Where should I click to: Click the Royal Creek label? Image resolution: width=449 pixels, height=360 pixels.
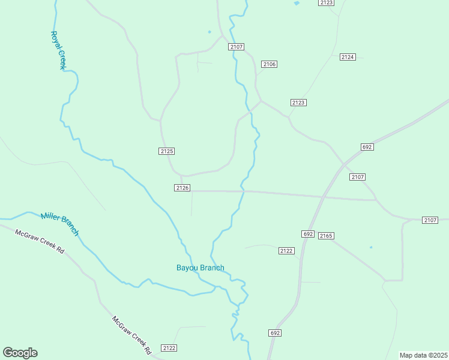tap(58, 51)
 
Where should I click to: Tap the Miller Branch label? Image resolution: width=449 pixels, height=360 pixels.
tap(59, 224)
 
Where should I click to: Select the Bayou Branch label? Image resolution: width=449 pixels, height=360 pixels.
tap(200, 268)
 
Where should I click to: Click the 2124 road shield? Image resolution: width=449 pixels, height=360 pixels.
tap(348, 57)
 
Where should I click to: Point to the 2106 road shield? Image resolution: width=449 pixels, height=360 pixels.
tap(269, 64)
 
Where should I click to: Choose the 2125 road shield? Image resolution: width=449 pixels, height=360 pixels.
tap(167, 151)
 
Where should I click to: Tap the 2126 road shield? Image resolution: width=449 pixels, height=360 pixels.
tap(182, 188)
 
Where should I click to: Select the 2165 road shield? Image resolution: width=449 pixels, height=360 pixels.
tap(326, 236)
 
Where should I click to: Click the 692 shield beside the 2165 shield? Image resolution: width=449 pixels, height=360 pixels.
tap(308, 234)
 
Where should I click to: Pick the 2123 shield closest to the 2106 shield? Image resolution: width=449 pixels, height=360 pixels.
tap(298, 103)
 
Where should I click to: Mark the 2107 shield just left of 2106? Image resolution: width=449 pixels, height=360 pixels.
tap(237, 47)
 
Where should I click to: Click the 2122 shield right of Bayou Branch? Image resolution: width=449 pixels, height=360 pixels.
tap(286, 250)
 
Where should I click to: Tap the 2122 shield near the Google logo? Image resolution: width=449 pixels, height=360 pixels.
tap(169, 348)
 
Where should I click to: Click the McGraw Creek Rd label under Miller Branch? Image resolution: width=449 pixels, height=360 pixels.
tap(40, 241)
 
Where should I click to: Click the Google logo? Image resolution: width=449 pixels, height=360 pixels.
tap(20, 353)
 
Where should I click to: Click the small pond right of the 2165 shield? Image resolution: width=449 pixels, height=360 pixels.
tap(371, 247)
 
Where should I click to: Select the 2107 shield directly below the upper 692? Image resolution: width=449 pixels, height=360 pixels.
tap(358, 177)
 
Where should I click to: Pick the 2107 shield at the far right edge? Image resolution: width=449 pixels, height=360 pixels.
tap(430, 220)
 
